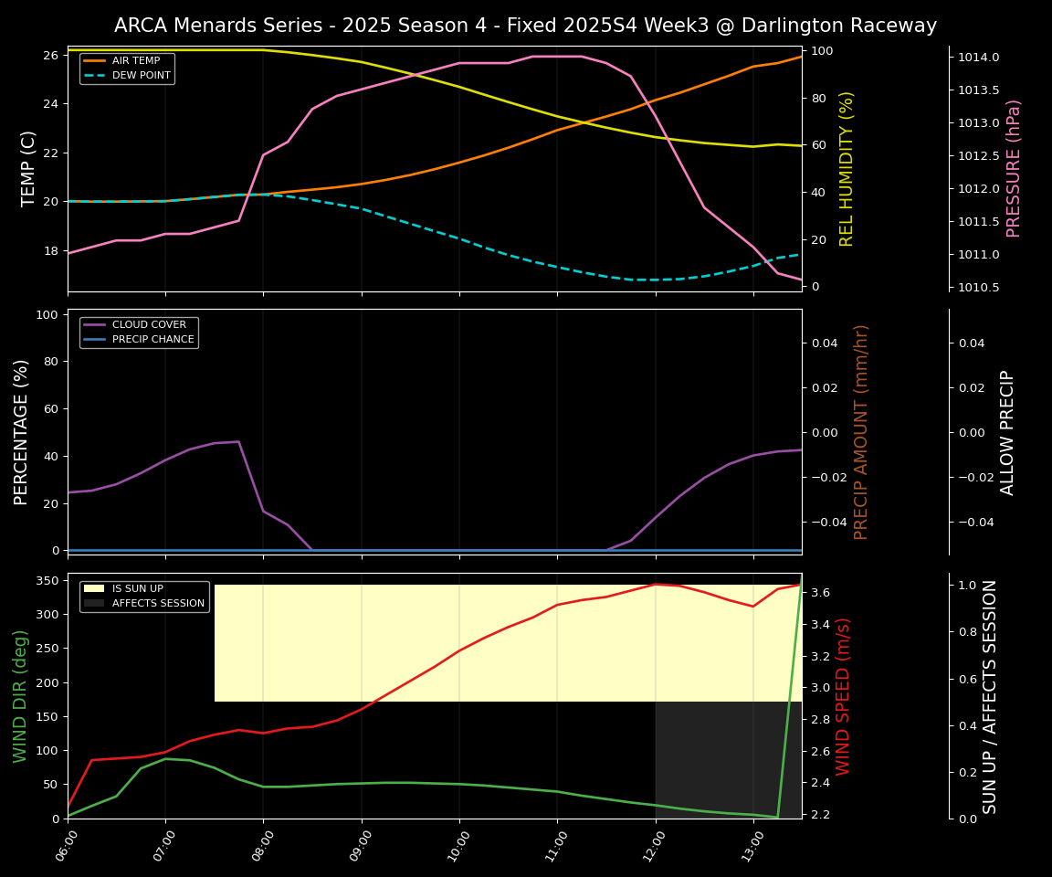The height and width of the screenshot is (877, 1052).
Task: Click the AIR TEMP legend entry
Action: pyautogui.click(x=135, y=61)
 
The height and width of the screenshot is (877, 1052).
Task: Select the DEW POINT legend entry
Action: pyautogui.click(x=141, y=76)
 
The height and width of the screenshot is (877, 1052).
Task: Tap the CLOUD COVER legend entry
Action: pyautogui.click(x=149, y=325)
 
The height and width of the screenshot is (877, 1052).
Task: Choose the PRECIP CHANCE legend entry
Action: pyautogui.click(x=153, y=340)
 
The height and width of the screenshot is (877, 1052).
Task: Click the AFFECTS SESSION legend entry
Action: pyautogui.click(x=158, y=604)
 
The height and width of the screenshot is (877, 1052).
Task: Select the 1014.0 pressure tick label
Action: pyautogui.click(x=978, y=58)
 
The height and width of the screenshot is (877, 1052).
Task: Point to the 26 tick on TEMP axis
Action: pyautogui.click(x=50, y=56)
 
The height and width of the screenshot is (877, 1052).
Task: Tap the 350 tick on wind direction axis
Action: pyautogui.click(x=47, y=581)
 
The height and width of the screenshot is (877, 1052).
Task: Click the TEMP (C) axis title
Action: pyautogui.click(x=29, y=169)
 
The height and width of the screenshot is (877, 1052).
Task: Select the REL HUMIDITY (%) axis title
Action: pyautogui.click(x=847, y=169)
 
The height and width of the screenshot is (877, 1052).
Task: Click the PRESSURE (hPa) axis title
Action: pyautogui.click(x=1014, y=169)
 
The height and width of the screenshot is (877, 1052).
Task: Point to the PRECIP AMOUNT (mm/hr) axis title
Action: pyautogui.click(x=861, y=432)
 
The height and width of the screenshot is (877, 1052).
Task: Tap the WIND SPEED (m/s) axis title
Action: pyautogui.click(x=843, y=696)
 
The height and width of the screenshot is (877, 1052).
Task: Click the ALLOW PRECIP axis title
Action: pyautogui.click(x=1007, y=432)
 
